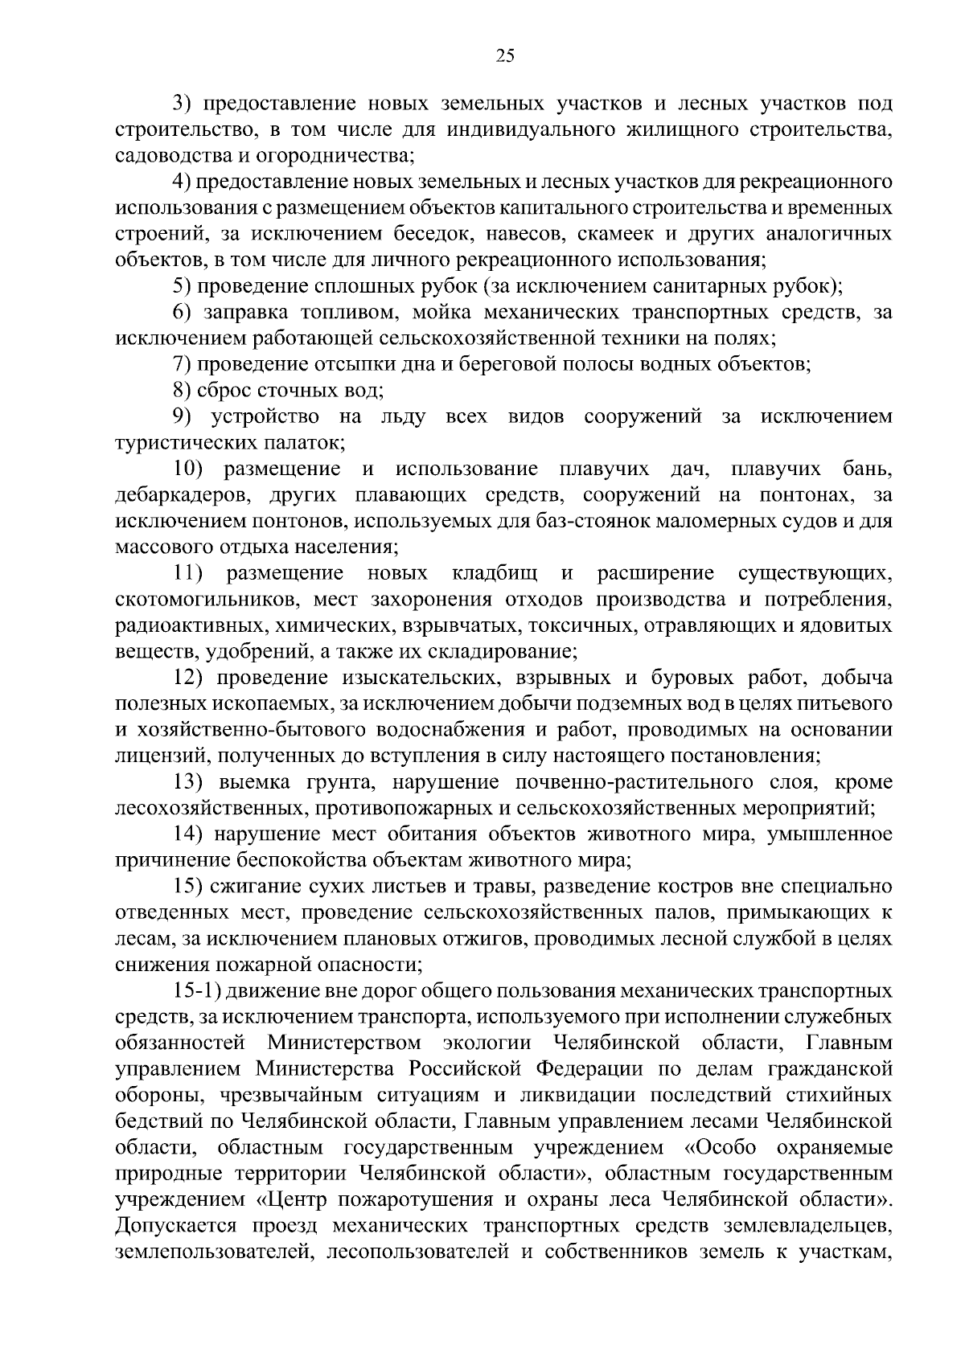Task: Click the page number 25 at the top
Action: tap(505, 55)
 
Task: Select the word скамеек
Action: tap(603, 235)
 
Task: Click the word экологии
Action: tap(487, 1044)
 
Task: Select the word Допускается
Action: tap(177, 1227)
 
